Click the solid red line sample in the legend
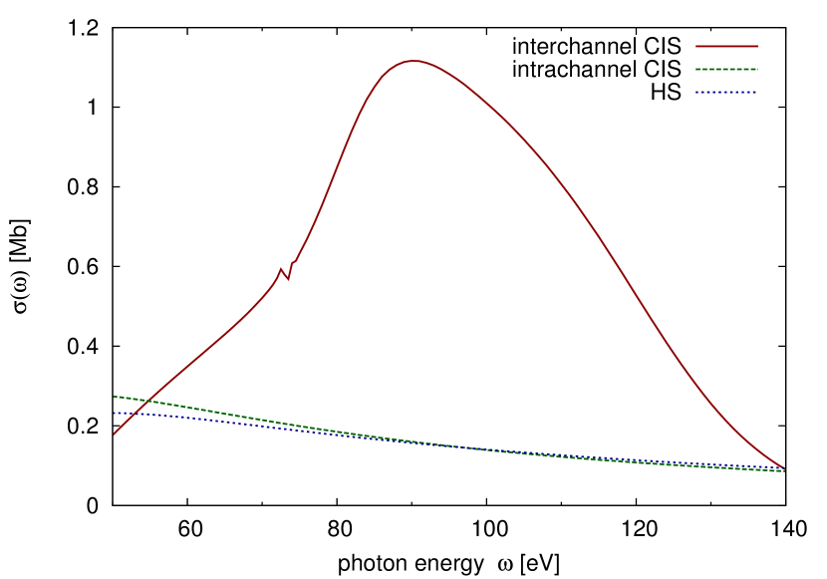[x=726, y=46]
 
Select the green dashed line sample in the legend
[x=726, y=69]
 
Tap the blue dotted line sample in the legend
[x=726, y=92]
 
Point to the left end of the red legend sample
[x=696, y=46]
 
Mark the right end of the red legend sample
[x=757, y=46]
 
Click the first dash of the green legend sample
[x=697, y=69]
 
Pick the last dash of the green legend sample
[x=755, y=69]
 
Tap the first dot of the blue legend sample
[x=696, y=92]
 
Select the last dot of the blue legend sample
[x=756, y=92]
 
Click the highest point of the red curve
[x=414, y=61]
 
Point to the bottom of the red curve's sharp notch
[x=289, y=279]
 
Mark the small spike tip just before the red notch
[x=281, y=268]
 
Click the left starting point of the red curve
[x=114, y=434]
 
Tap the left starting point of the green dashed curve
[x=114, y=397]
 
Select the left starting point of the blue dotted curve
[x=114, y=413]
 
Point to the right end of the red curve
[x=784, y=467]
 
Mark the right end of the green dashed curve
[x=784, y=470]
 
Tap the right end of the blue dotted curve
[x=784, y=468]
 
